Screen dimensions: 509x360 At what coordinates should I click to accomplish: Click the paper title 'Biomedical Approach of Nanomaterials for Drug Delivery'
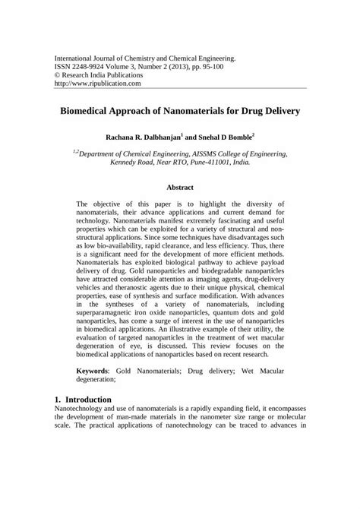coord(180,110)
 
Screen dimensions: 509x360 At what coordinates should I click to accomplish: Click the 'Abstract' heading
coord(180,187)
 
